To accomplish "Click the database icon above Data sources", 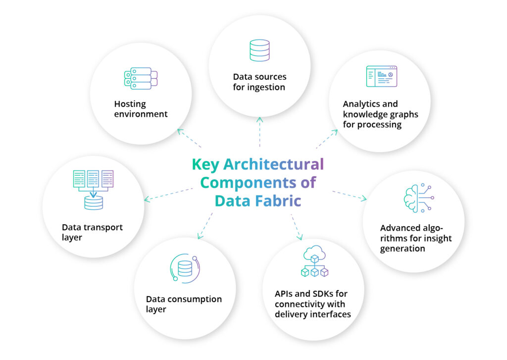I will pos(259,51).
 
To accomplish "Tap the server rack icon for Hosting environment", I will pos(141,79).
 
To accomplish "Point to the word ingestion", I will pos(266,88).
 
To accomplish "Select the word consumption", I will pos(195,299).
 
